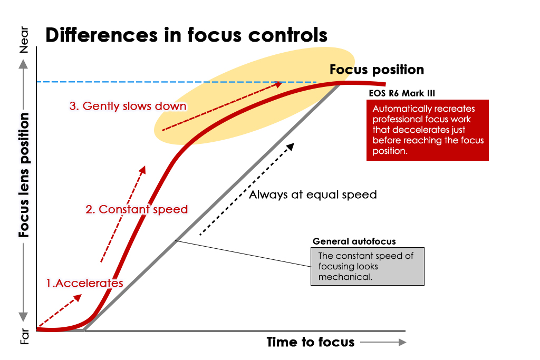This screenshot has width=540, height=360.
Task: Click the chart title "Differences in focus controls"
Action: click(x=186, y=35)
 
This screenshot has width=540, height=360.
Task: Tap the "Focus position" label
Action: click(x=377, y=70)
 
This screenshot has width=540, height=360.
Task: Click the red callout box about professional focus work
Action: click(x=427, y=130)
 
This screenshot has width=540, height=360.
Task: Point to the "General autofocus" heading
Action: click(x=354, y=241)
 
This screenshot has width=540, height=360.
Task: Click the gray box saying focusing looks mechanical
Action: click(x=367, y=267)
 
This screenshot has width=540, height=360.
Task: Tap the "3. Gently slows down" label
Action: click(x=128, y=106)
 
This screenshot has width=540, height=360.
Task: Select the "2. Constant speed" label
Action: click(x=137, y=209)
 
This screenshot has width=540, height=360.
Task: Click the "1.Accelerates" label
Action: click(x=84, y=283)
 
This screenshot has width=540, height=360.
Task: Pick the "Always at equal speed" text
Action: click(x=313, y=194)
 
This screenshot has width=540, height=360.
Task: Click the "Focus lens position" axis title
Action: click(x=24, y=174)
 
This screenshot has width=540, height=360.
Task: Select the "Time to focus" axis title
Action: click(x=310, y=342)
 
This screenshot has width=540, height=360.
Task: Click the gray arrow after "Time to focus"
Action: click(x=383, y=342)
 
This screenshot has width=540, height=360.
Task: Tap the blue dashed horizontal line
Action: click(x=105, y=82)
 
